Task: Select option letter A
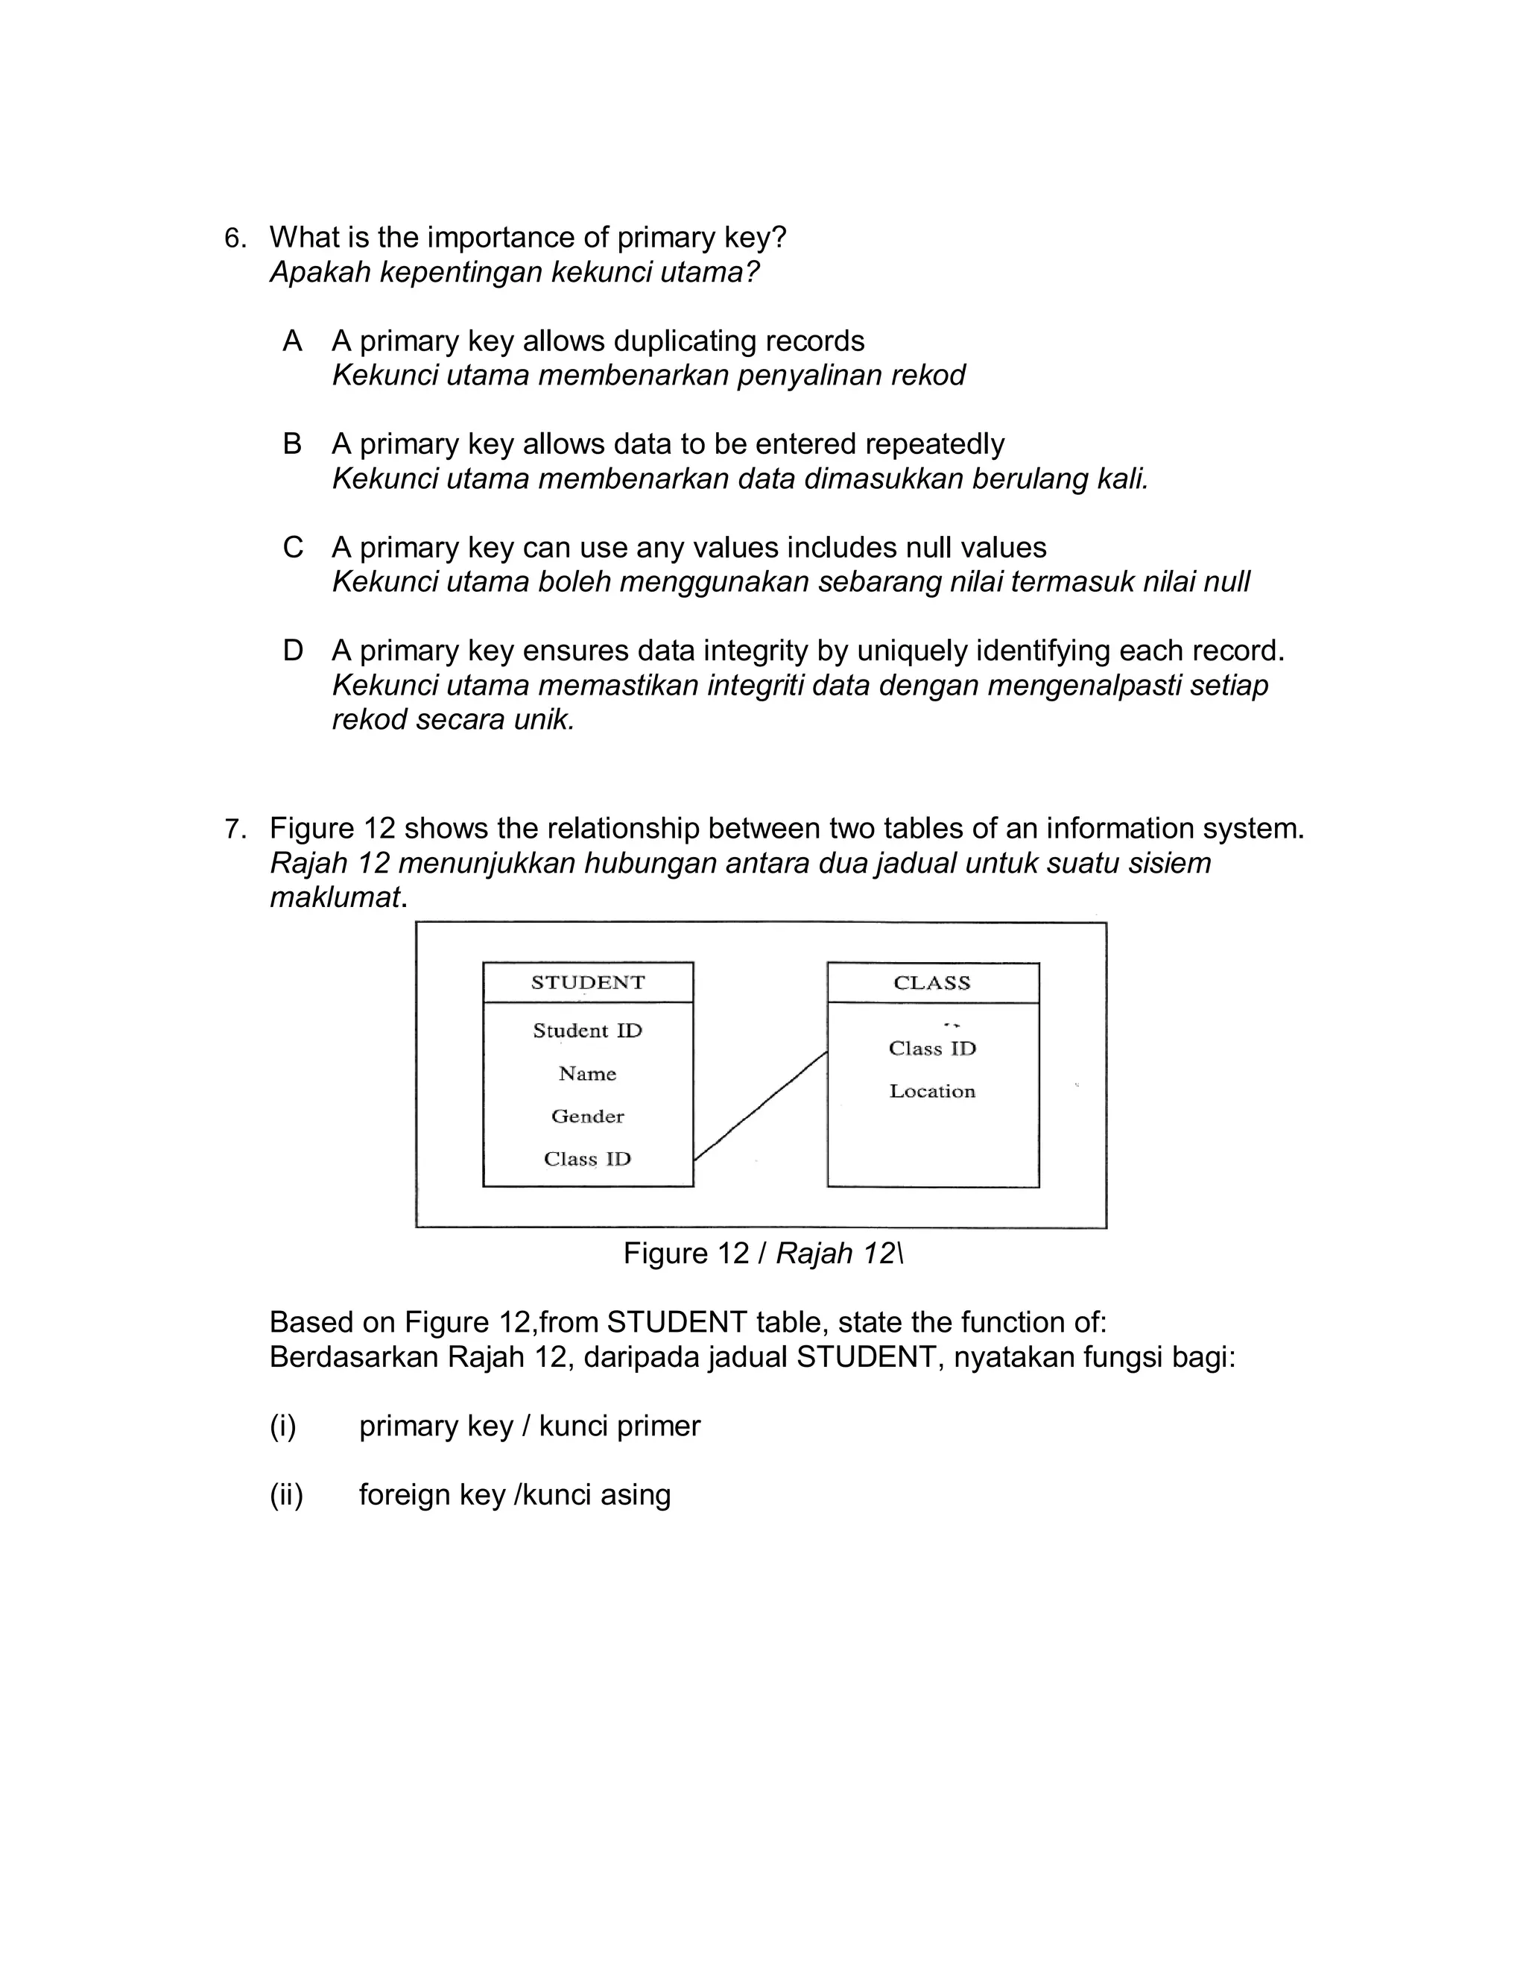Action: (x=292, y=341)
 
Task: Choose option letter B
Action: (x=292, y=444)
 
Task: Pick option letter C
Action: (x=293, y=547)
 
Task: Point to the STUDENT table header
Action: (x=588, y=983)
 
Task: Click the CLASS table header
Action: (x=932, y=983)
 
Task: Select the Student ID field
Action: (x=588, y=1031)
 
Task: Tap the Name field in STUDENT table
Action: (x=588, y=1074)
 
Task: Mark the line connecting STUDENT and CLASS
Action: (x=760, y=1106)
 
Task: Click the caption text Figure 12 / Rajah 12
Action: (x=762, y=1254)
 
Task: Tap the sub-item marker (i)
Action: (x=283, y=1426)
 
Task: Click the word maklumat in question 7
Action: (x=335, y=898)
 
